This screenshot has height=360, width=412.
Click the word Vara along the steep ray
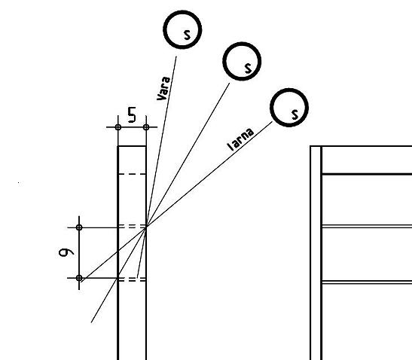click(x=163, y=88)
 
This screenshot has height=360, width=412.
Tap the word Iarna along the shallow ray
click(x=241, y=139)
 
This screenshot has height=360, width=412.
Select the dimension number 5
click(x=132, y=114)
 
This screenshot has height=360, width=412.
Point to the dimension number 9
click(x=66, y=252)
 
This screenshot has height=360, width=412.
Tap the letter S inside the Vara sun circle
click(x=187, y=35)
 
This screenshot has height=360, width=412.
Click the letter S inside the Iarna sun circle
click(x=295, y=114)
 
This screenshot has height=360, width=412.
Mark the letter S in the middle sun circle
click(x=248, y=68)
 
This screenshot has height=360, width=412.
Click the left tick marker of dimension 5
click(x=118, y=127)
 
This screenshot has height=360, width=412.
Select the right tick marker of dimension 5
click(x=146, y=127)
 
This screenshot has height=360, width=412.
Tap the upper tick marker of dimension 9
click(x=79, y=227)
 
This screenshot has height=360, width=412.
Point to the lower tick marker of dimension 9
click(x=79, y=278)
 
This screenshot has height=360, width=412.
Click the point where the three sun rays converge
click(x=146, y=227)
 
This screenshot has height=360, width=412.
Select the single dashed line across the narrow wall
click(x=132, y=174)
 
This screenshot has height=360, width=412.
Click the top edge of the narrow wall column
click(x=132, y=146)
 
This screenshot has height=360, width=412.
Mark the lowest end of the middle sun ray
click(x=91, y=322)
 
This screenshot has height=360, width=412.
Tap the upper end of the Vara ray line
click(x=176, y=56)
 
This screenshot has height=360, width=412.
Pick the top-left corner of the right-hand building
click(x=310, y=146)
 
